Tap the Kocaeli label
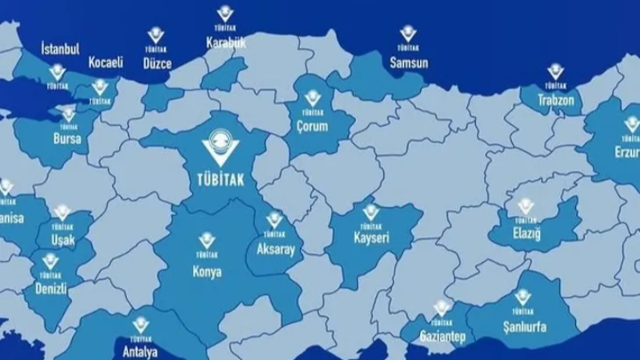click(106, 62)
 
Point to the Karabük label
click(226, 42)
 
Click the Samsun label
click(409, 62)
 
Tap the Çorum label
click(312, 126)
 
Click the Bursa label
click(68, 138)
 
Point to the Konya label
click(206, 272)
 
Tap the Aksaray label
click(274, 250)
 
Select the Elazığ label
click(526, 234)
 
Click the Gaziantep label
click(442, 336)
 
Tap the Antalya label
click(141, 351)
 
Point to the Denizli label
click(50, 288)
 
